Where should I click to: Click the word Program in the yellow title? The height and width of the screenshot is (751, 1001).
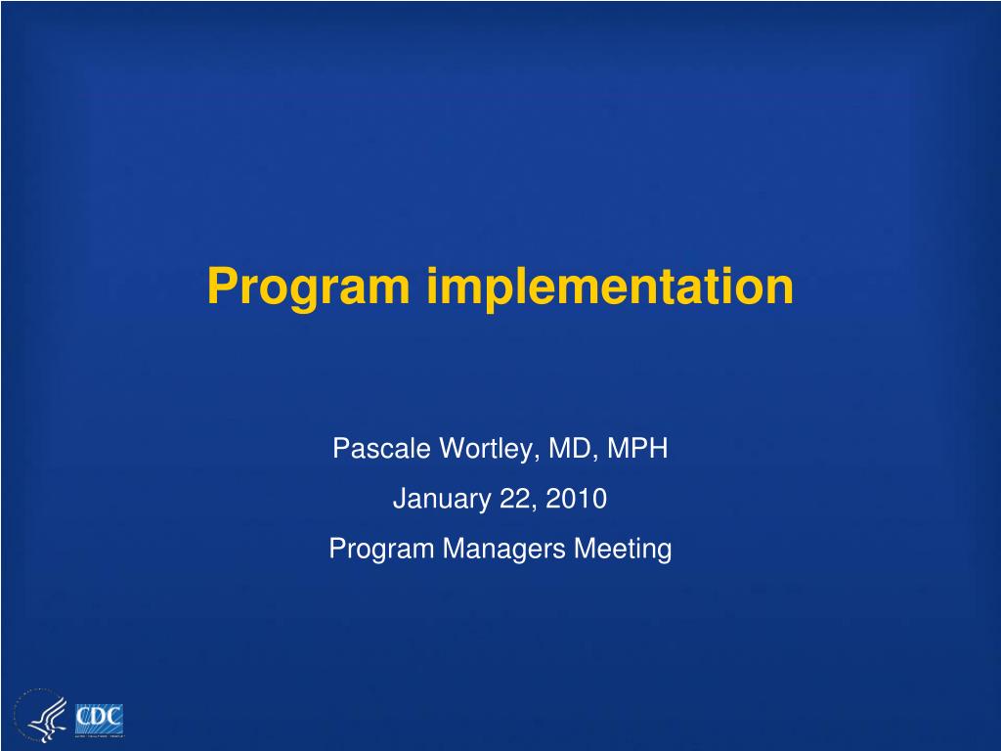[x=308, y=288]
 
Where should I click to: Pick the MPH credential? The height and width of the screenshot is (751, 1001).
[x=637, y=448]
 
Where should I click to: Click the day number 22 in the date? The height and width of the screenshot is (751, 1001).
[x=517, y=499]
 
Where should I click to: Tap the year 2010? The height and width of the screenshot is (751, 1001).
[x=576, y=498]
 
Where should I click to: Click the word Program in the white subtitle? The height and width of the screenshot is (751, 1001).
[x=381, y=550]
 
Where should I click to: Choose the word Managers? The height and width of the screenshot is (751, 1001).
[x=503, y=550]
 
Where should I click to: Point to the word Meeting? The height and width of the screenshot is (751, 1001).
[x=623, y=550]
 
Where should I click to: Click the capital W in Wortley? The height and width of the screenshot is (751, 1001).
[x=455, y=448]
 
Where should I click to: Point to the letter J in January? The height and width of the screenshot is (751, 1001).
[x=400, y=499]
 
